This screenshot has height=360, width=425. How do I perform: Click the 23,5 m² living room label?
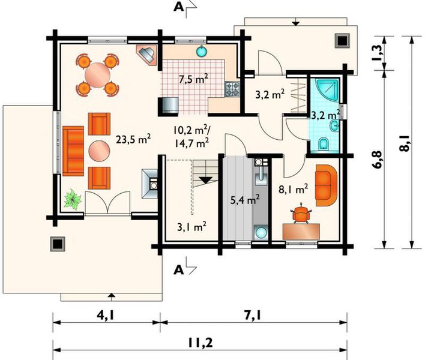[133, 140]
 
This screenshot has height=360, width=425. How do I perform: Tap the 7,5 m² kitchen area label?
[193, 79]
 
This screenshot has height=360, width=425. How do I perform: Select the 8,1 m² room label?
[294, 190]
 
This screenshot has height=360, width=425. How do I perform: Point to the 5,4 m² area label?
[245, 200]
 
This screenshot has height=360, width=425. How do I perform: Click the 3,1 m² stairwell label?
[192, 227]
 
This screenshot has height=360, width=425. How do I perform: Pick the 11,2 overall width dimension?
[200, 343]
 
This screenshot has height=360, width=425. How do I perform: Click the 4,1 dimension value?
[106, 316]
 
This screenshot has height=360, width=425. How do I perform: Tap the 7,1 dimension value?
[253, 316]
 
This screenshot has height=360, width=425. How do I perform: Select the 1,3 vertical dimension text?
[377, 53]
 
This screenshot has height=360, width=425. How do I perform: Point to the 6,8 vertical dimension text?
[377, 160]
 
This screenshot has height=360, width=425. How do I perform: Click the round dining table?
[98, 75]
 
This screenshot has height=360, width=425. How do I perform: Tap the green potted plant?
[73, 199]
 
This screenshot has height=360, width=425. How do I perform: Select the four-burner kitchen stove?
[232, 89]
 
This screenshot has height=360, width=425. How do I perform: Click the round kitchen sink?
[201, 51]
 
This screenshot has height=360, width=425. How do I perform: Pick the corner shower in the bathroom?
[325, 91]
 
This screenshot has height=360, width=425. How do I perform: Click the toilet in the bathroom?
[324, 143]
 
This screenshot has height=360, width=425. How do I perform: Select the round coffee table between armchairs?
[100, 151]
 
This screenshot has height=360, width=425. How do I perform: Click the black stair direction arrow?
[206, 180]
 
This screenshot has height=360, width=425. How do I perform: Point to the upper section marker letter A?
[178, 7]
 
